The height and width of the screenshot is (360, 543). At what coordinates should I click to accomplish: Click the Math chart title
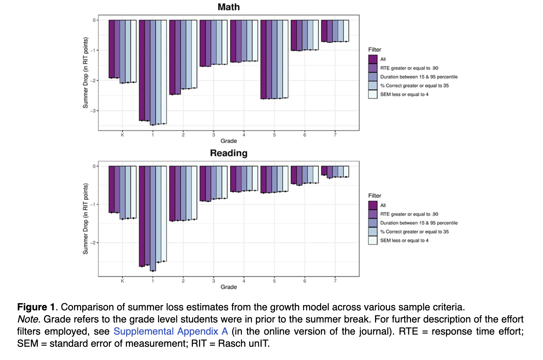pyautogui.click(x=228, y=7)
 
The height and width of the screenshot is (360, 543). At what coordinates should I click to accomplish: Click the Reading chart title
pyautogui.click(x=228, y=153)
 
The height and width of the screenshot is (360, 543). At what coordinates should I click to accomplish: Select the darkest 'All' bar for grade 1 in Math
pyautogui.click(x=142, y=70)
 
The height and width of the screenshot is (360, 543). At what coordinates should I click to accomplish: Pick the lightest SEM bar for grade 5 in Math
pyautogui.click(x=285, y=59)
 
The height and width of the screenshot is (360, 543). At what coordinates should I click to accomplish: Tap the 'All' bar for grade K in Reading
pyautogui.click(x=111, y=189)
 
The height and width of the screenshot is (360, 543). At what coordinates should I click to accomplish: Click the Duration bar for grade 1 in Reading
pyautogui.click(x=153, y=218)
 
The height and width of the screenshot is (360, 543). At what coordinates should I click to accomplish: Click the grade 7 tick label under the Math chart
pyautogui.click(x=335, y=135)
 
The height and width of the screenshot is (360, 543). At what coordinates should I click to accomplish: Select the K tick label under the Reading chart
pyautogui.click(x=122, y=281)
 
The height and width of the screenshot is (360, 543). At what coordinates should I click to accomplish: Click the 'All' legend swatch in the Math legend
pyautogui.click(x=373, y=59)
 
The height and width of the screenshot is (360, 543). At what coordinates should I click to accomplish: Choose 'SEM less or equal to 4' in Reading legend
pyautogui.click(x=404, y=241)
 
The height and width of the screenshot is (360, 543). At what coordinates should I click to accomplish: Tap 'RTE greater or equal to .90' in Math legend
pyautogui.click(x=409, y=68)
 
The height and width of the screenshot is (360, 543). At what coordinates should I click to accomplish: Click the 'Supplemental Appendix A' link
pyautogui.click(x=171, y=331)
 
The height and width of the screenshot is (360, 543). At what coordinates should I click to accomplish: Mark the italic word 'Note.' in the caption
pyautogui.click(x=29, y=319)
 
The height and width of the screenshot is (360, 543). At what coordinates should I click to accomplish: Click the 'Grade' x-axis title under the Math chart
pyautogui.click(x=228, y=141)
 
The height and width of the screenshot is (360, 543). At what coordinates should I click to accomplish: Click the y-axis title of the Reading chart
pyautogui.click(x=86, y=219)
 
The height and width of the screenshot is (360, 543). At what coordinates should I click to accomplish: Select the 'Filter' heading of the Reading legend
pyautogui.click(x=375, y=196)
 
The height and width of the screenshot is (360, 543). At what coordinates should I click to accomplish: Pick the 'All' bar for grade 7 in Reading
pyautogui.click(x=324, y=171)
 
